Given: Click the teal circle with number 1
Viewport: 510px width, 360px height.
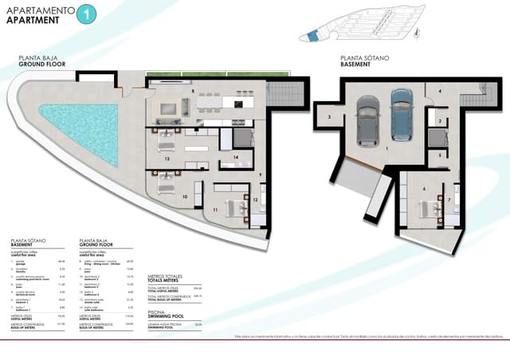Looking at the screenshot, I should point(88,14).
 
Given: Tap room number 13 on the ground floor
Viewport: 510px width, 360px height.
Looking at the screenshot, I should point(167,159).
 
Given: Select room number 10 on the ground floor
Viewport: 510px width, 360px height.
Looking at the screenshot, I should point(185,195).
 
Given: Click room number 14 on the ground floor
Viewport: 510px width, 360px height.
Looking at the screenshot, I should point(237,158).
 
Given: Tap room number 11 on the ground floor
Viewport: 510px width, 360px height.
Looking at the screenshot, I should point(215,209).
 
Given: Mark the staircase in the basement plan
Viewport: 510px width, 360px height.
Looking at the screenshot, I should point(477,100).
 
